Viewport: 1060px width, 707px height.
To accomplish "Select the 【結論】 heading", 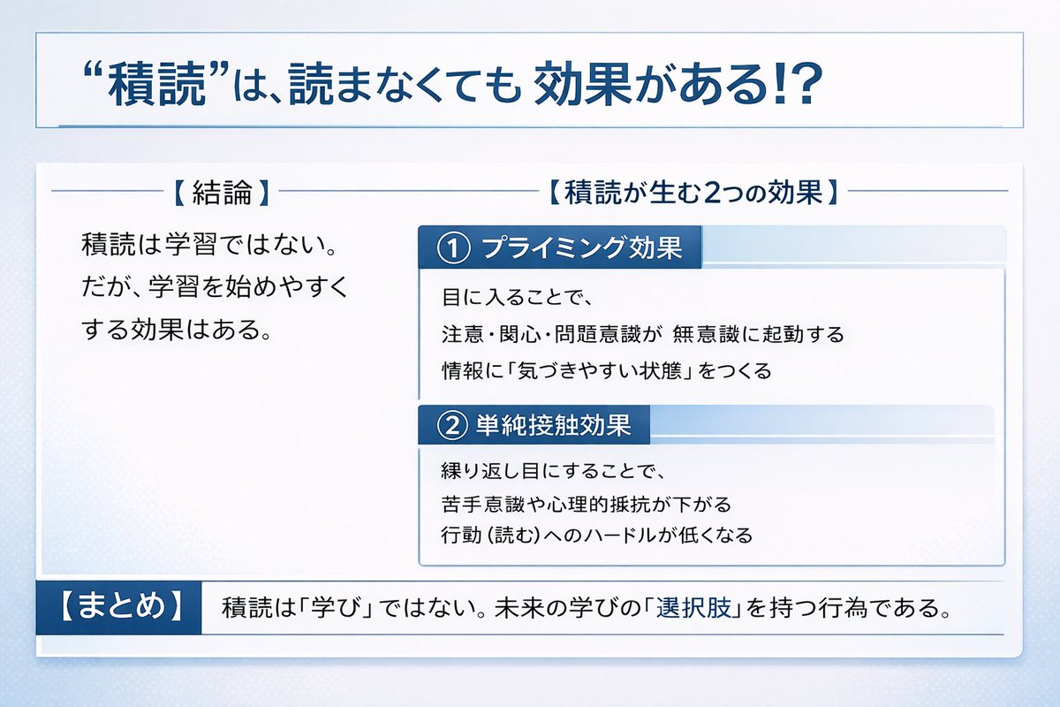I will coord(217,193).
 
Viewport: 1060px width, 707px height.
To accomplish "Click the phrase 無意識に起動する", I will coord(758,335).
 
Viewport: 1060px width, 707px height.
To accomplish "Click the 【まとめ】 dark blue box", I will coord(119,607).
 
